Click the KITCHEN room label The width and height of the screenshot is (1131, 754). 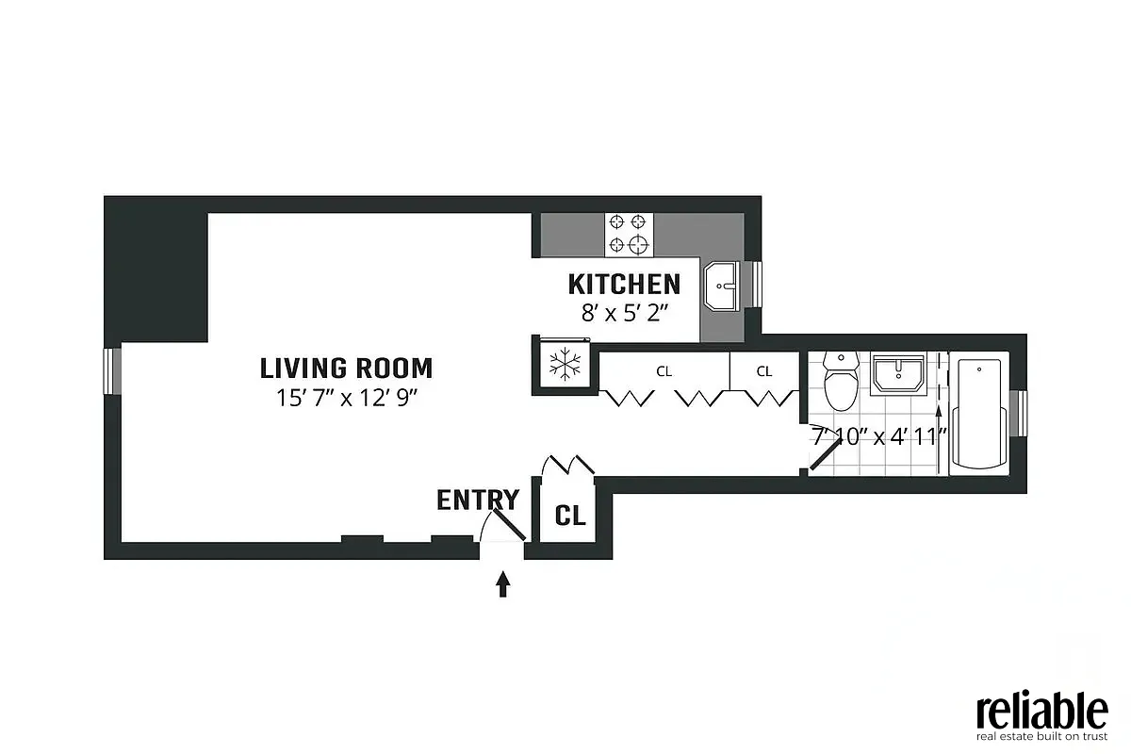click(x=624, y=284)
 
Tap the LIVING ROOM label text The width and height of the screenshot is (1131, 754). click(x=346, y=368)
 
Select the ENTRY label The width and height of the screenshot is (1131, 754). click(x=477, y=500)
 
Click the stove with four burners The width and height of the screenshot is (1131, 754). click(x=630, y=234)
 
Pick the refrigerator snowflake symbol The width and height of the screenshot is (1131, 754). click(x=564, y=364)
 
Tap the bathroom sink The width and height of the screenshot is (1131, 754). click(x=898, y=373)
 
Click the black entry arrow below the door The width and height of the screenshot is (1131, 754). click(x=503, y=584)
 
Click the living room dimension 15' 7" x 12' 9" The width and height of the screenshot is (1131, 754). click(x=346, y=397)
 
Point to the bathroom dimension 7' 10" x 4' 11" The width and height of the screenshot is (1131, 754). click(x=878, y=438)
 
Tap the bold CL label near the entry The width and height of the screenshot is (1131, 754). click(x=570, y=516)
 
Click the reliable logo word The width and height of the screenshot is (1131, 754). click(x=1041, y=710)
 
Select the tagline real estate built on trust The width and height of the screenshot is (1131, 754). click(x=1041, y=736)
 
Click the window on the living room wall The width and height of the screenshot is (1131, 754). click(x=112, y=370)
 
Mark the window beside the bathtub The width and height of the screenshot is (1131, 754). click(x=1019, y=413)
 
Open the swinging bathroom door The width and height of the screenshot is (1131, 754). click(x=823, y=456)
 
